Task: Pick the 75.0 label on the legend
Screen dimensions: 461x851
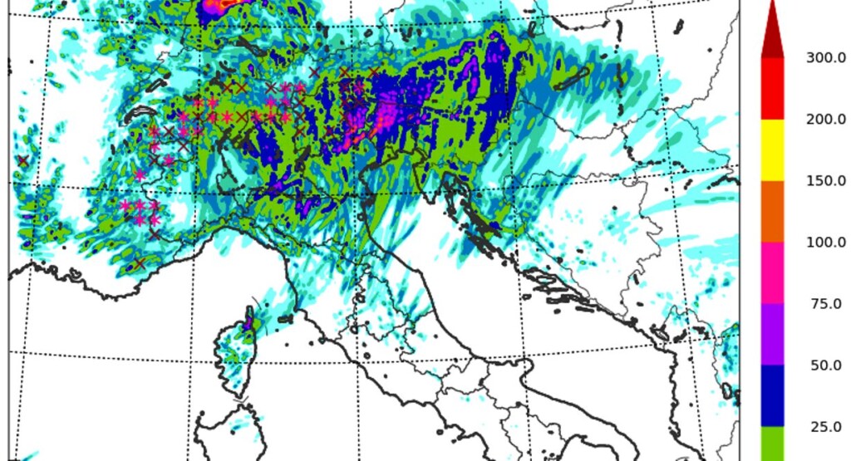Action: click(825, 303)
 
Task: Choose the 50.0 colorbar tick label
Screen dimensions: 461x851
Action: click(825, 365)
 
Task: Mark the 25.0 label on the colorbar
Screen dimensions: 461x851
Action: click(825, 426)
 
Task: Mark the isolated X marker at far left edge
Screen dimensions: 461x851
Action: click(22, 160)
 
